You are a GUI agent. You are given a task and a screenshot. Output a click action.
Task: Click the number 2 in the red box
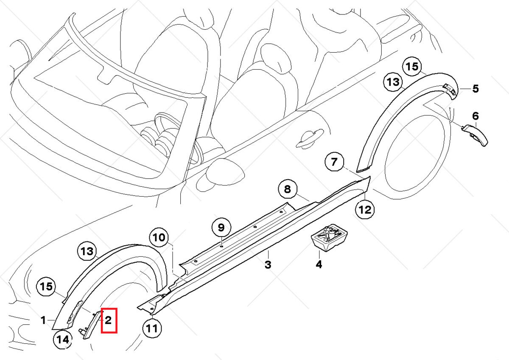(108, 321)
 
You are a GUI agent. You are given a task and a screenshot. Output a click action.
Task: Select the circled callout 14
(62, 339)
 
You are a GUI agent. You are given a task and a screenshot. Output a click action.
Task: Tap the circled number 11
(152, 328)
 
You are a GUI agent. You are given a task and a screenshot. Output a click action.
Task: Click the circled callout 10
(160, 237)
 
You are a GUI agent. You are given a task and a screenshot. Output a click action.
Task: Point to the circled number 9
(221, 228)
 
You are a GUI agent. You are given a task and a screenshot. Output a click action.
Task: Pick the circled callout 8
(288, 189)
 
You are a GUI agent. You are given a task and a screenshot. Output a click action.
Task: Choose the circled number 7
(334, 162)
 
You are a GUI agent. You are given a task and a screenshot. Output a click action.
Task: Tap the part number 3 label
(268, 265)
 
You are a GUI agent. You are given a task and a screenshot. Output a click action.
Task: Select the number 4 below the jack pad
(319, 264)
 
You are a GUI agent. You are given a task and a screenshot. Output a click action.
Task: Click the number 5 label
(475, 89)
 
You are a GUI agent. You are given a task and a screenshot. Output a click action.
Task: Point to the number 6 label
(475, 116)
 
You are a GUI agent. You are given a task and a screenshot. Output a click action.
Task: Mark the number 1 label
(43, 320)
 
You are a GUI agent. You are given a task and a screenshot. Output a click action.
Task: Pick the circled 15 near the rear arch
(411, 67)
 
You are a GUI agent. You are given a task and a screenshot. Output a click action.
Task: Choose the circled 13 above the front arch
(87, 252)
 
